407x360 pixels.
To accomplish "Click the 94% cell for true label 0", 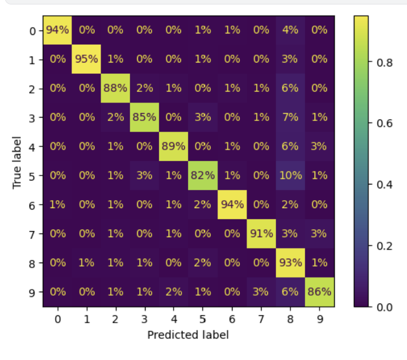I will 58,30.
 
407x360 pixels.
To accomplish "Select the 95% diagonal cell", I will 87,59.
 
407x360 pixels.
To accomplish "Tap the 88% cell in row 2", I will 116,88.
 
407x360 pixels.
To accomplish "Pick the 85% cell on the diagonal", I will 145,117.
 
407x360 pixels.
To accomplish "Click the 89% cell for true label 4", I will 174,146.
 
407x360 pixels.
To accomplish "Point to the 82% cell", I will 203,175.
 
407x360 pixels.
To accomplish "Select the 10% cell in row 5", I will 290,175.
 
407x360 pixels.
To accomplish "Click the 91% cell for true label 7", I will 261,233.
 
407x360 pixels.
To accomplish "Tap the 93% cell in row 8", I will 290,262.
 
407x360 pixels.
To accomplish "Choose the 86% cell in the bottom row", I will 319,291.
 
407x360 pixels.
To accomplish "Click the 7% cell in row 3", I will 290,117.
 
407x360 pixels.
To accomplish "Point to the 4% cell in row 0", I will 290,30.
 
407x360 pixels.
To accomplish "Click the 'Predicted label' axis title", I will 188,335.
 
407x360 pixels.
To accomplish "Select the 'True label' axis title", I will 18,162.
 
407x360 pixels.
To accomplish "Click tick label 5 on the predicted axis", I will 203,320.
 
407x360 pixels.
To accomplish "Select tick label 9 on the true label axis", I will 33,291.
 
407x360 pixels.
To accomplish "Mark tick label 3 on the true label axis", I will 33,117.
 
